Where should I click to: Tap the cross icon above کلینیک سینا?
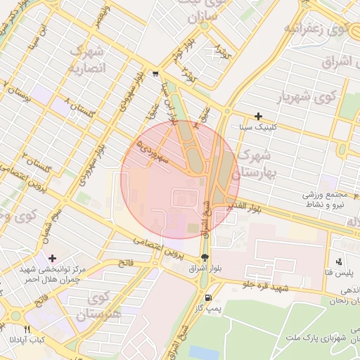(x=259, y=116)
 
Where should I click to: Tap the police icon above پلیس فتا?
(x=339, y=261)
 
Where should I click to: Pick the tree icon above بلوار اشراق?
(x=205, y=258)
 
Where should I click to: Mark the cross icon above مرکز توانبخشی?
(x=52, y=259)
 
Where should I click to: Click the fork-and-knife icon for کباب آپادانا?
(x=27, y=328)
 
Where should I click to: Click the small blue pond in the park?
(x=204, y=352)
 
